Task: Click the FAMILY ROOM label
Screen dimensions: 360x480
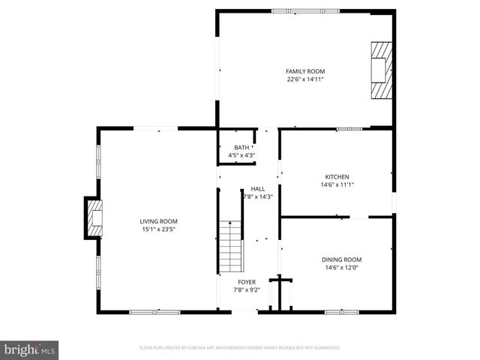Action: (x=305, y=71)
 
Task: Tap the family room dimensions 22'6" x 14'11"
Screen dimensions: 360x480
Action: (x=305, y=79)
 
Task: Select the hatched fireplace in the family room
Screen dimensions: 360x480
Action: (x=381, y=70)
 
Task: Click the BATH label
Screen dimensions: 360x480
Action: (x=241, y=148)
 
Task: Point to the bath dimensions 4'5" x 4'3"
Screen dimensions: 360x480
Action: (x=241, y=155)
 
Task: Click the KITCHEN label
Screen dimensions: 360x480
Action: (x=337, y=177)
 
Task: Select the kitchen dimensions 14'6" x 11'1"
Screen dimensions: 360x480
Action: (x=337, y=185)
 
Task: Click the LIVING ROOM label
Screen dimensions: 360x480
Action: (x=158, y=221)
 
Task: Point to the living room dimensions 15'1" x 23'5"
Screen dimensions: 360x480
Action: (x=158, y=229)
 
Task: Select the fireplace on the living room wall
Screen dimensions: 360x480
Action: (x=93, y=217)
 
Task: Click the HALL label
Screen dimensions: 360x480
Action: (x=257, y=189)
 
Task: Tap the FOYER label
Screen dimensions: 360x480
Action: (x=247, y=282)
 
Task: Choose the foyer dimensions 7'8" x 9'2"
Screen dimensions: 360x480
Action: (x=247, y=289)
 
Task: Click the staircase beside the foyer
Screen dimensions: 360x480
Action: (x=230, y=247)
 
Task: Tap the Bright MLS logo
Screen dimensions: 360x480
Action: (x=29, y=349)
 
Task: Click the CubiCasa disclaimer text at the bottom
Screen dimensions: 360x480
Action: (x=240, y=348)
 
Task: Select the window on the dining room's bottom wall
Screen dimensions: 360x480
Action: (x=340, y=311)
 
